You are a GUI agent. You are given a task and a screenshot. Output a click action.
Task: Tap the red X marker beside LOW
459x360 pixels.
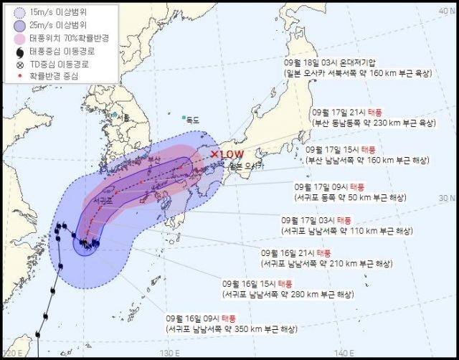215,153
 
